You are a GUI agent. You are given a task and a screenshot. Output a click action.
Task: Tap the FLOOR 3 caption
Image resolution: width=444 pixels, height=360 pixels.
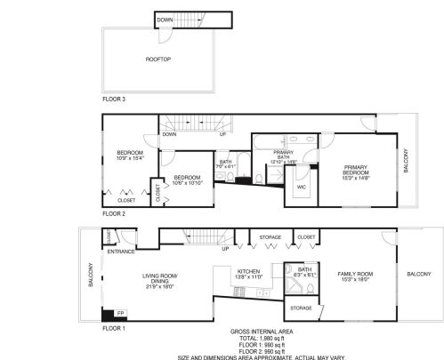[x=113, y=99]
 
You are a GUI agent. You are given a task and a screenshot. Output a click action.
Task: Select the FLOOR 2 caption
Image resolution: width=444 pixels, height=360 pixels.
[x=113, y=214]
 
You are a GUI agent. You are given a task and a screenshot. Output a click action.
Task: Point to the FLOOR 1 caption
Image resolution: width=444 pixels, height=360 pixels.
[x=113, y=329]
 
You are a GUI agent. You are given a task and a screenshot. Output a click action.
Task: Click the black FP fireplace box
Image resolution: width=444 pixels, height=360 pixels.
[x=109, y=313]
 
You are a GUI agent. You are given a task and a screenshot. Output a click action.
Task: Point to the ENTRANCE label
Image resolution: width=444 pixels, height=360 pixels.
[x=120, y=252]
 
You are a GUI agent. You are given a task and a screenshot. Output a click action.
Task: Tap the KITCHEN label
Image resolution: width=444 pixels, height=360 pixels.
[x=247, y=275]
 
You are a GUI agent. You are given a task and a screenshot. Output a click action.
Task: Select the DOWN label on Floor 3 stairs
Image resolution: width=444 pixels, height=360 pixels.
[x=165, y=20]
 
